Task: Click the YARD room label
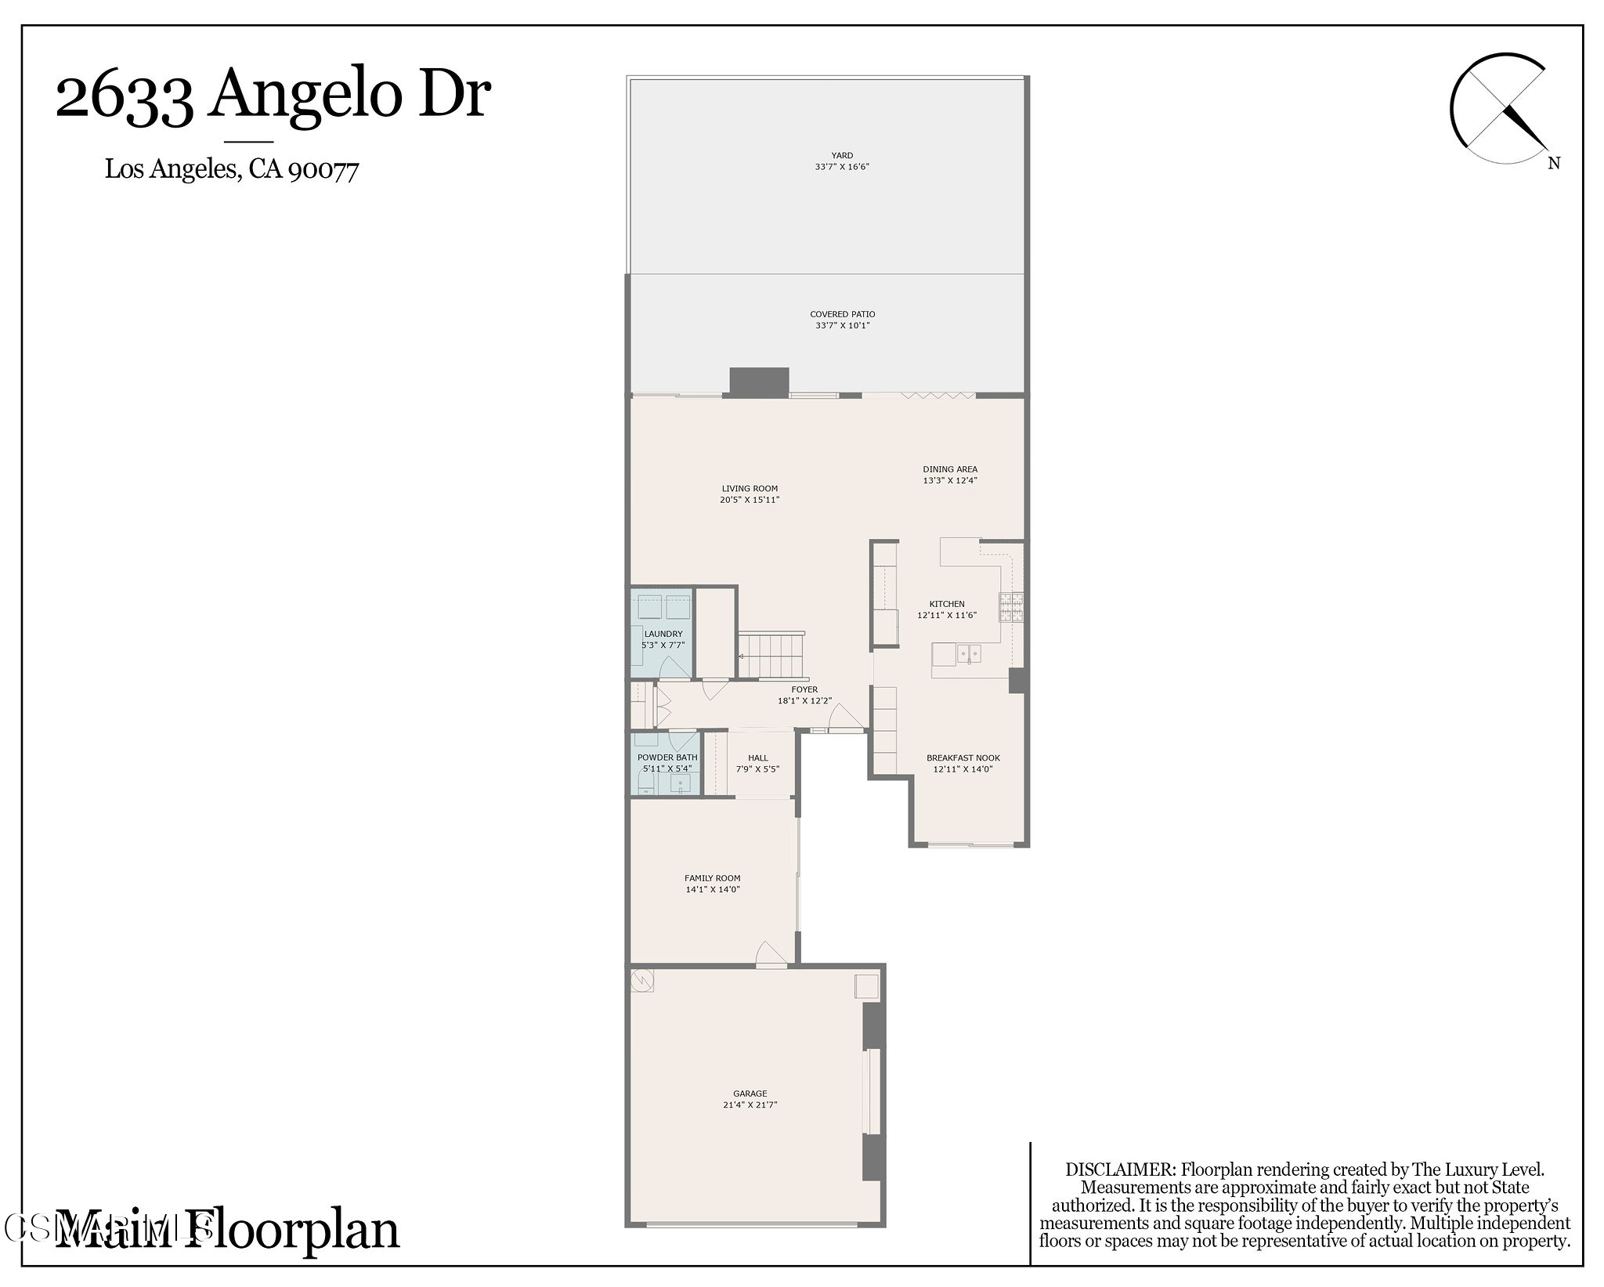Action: click(842, 155)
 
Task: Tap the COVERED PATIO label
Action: click(842, 314)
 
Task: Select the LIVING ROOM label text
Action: click(750, 489)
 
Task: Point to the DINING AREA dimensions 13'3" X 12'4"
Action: click(949, 480)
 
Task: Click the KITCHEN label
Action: click(947, 604)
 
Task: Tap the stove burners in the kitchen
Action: click(1010, 607)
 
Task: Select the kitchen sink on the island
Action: click(969, 653)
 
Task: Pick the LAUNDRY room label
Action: click(663, 634)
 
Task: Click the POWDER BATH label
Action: click(667, 757)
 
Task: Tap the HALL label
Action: click(757, 757)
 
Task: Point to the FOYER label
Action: click(804, 690)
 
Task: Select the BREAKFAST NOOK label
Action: click(963, 757)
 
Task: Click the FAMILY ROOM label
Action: click(712, 878)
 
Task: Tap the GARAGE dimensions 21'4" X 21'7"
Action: click(750, 1104)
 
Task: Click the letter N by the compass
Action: click(1554, 163)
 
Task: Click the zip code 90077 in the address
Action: click(323, 169)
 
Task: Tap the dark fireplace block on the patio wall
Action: click(758, 381)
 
